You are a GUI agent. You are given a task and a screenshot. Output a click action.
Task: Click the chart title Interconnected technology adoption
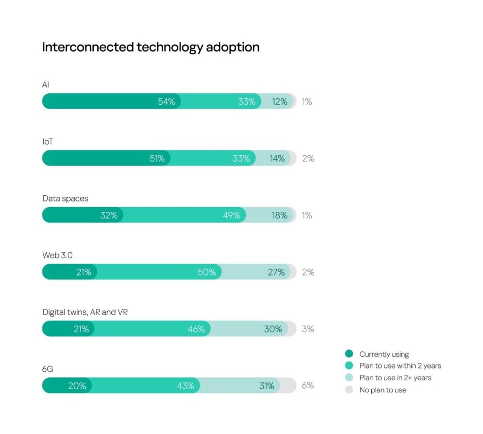(150, 48)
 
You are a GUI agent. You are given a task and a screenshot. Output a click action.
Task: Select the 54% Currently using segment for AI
(111, 101)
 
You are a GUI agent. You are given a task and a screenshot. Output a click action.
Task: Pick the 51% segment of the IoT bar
(106, 159)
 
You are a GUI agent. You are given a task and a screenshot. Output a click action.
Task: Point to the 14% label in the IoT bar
(277, 159)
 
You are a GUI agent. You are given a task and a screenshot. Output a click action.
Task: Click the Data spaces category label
(65, 199)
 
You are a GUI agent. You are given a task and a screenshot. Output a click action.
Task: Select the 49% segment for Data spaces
(184, 215)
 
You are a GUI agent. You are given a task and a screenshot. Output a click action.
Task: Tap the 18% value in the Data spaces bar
(279, 215)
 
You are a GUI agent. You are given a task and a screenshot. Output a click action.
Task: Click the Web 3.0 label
(58, 255)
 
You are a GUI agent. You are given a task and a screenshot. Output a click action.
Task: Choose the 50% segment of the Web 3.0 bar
(159, 272)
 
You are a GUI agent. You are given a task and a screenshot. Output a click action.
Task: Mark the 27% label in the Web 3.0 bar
(276, 272)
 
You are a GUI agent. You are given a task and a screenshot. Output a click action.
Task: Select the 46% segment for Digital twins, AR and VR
(152, 329)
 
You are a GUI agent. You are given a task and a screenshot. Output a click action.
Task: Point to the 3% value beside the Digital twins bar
(308, 329)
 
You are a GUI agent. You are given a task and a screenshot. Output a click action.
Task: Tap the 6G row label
(48, 369)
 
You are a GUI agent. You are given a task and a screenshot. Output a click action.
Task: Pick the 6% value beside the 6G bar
(308, 385)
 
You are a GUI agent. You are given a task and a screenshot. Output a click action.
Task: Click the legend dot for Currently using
(349, 354)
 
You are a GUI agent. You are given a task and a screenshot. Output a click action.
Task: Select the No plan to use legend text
(383, 390)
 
